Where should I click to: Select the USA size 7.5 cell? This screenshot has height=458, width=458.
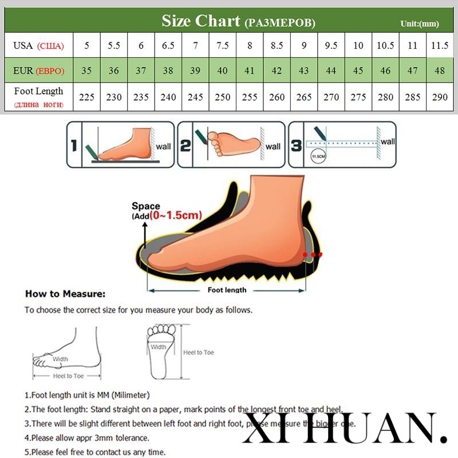coord(222,46)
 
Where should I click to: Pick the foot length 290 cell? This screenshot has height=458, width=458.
coord(440,97)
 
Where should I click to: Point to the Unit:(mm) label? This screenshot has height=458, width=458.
coord(419,23)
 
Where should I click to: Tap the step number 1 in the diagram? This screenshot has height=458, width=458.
coord(73,145)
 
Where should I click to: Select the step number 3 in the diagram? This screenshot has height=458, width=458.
coord(296,145)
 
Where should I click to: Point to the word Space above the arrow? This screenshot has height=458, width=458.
coord(145,206)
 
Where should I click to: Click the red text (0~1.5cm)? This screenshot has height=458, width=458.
coord(177,216)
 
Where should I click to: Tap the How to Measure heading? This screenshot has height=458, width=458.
coord(65,294)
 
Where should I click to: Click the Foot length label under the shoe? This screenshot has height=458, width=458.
coord(227,290)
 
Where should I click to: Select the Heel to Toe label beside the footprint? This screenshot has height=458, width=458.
coord(198,352)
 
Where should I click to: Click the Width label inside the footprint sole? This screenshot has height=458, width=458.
coord(159,347)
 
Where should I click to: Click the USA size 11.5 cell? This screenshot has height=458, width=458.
coord(440,46)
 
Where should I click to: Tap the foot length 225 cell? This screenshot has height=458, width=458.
coord(86,97)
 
